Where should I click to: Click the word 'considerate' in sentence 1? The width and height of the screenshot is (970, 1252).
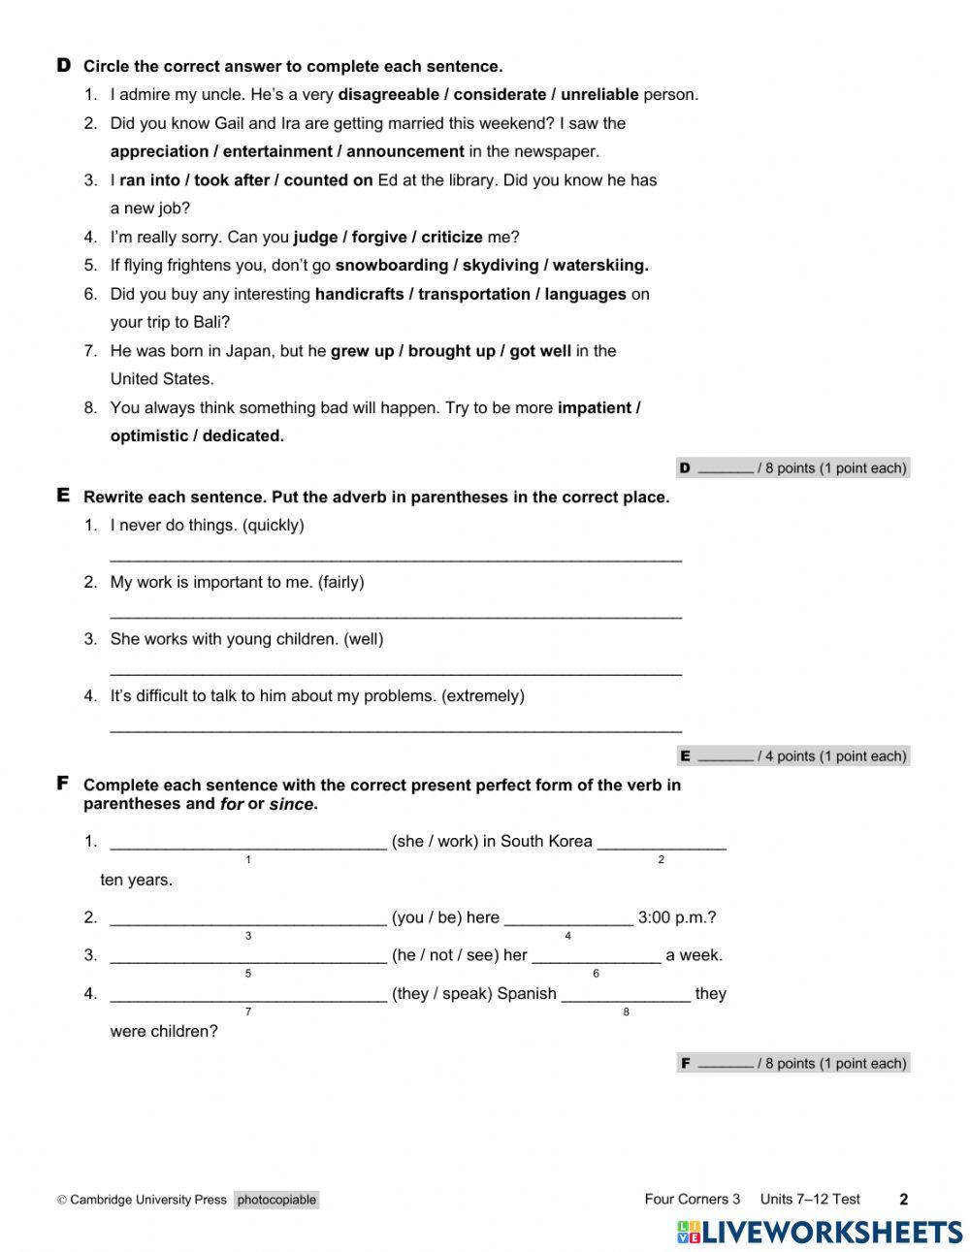point(500,95)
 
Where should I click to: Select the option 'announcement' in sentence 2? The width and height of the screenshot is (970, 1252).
point(404,151)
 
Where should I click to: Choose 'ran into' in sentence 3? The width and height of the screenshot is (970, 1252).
point(150,180)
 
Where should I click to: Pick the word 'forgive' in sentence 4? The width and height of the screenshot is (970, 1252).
point(379,238)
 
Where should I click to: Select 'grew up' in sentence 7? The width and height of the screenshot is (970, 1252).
point(362,351)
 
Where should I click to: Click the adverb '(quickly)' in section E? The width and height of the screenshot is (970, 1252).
point(273,526)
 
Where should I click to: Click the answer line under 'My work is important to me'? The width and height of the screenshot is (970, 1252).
point(396,614)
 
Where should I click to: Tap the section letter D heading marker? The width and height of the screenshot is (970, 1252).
point(64,66)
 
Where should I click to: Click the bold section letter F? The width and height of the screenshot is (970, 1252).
point(63,783)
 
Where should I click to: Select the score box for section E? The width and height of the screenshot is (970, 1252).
point(792,756)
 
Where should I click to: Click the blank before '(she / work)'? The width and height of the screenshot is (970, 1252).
point(248,842)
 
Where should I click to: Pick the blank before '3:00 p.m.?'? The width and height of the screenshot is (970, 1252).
point(568,917)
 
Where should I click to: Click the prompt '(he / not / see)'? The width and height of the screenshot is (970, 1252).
point(444,955)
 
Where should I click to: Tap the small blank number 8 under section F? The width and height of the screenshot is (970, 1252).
point(626,1012)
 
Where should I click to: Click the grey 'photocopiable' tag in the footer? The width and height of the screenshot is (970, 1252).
point(276,1200)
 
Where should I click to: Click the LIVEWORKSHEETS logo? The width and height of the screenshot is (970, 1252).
point(820,1232)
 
